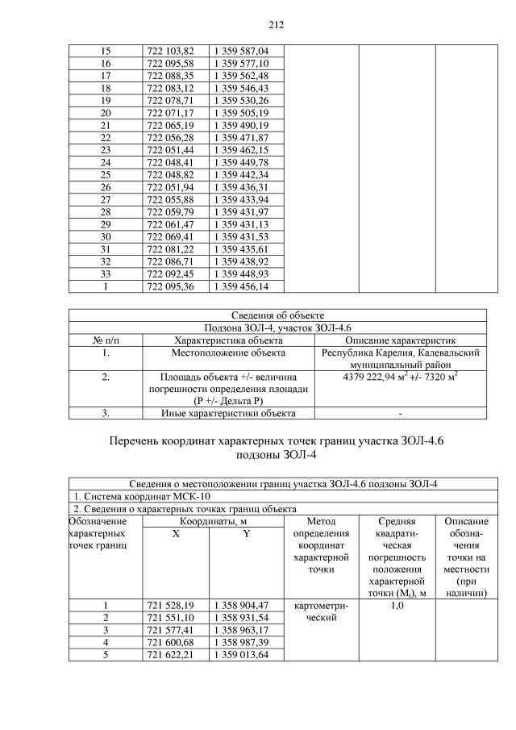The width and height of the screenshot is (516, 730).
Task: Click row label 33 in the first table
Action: click(x=105, y=273)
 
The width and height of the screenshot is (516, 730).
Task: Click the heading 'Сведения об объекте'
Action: click(x=277, y=315)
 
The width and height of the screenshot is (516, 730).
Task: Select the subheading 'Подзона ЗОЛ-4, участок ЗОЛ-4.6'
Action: click(x=277, y=327)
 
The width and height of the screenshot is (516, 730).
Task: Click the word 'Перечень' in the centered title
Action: click(x=142, y=441)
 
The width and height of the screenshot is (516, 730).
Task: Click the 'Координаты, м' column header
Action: click(x=213, y=522)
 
